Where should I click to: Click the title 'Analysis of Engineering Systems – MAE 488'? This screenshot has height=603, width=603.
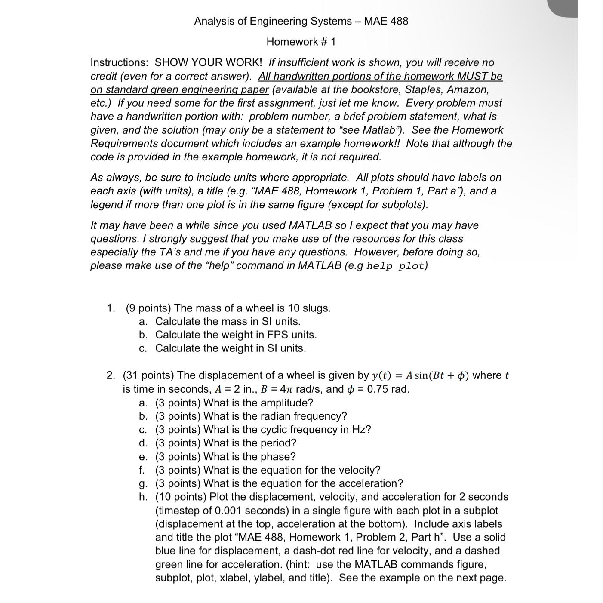click(301, 21)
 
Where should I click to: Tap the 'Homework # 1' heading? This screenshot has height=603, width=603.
click(301, 42)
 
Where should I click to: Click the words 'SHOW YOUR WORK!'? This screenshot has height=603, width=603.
click(208, 62)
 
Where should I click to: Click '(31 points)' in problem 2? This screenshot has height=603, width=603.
click(148, 375)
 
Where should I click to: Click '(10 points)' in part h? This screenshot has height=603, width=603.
click(181, 497)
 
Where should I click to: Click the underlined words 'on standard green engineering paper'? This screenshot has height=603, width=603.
click(179, 89)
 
